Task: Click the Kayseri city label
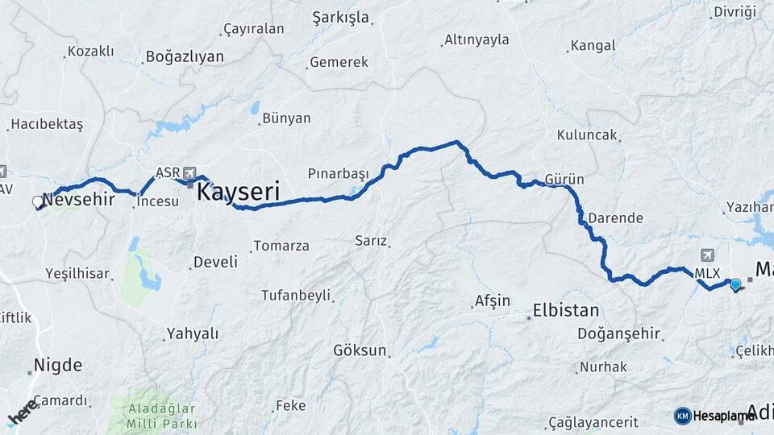(x=238, y=192)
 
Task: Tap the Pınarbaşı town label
(x=338, y=173)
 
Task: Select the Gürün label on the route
(x=564, y=179)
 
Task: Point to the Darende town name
(x=615, y=217)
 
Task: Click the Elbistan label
(x=566, y=310)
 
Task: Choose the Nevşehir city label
(x=78, y=199)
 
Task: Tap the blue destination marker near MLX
(x=734, y=284)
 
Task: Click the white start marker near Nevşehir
(x=37, y=202)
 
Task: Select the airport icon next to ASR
(x=190, y=172)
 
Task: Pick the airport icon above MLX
(x=708, y=255)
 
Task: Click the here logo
(x=23, y=413)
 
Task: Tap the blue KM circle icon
(x=682, y=416)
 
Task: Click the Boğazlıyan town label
(x=184, y=57)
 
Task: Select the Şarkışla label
(x=340, y=18)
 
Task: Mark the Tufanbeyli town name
(x=296, y=296)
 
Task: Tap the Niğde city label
(x=58, y=365)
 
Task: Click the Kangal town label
(x=593, y=45)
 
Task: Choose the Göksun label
(x=360, y=350)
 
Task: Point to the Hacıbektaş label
(x=46, y=125)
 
